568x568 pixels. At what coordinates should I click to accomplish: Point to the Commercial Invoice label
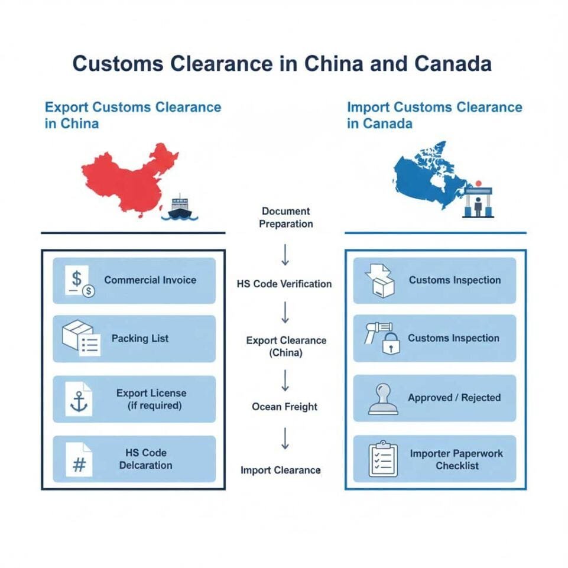[150, 280]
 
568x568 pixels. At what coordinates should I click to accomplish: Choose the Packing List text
[140, 339]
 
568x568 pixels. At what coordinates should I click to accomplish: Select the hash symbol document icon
[79, 459]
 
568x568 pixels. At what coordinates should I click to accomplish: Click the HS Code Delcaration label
[145, 459]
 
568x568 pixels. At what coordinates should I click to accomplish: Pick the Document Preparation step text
[285, 218]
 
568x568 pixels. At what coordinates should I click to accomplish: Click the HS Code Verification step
[284, 284]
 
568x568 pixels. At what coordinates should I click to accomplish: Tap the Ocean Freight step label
[284, 407]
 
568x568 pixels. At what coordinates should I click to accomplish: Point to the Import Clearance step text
[281, 470]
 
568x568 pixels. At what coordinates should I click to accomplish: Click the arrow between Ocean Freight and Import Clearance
[285, 439]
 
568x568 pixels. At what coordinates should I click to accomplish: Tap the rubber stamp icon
[383, 399]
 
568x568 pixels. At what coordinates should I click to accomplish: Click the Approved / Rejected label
[454, 398]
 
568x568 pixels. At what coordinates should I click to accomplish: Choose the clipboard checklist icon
[383, 459]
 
